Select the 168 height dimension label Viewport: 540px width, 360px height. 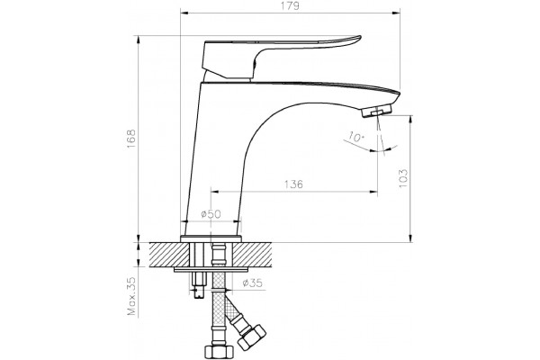131,139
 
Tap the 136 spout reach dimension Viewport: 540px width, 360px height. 293,184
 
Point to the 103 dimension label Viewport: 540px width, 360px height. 403,178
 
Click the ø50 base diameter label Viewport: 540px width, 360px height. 211,214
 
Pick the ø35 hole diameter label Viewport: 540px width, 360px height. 252,283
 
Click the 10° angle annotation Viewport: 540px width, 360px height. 355,137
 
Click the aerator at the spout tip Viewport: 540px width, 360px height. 377,112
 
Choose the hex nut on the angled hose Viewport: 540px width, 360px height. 252,337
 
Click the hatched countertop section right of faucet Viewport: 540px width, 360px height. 253,254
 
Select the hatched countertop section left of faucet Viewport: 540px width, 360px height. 169,254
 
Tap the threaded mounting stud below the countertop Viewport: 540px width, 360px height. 199,284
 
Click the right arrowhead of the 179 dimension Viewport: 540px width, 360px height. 398,13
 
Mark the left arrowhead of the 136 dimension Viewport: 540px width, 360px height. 214,192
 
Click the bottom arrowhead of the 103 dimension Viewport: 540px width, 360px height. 410,238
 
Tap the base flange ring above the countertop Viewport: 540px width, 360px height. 211,238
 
